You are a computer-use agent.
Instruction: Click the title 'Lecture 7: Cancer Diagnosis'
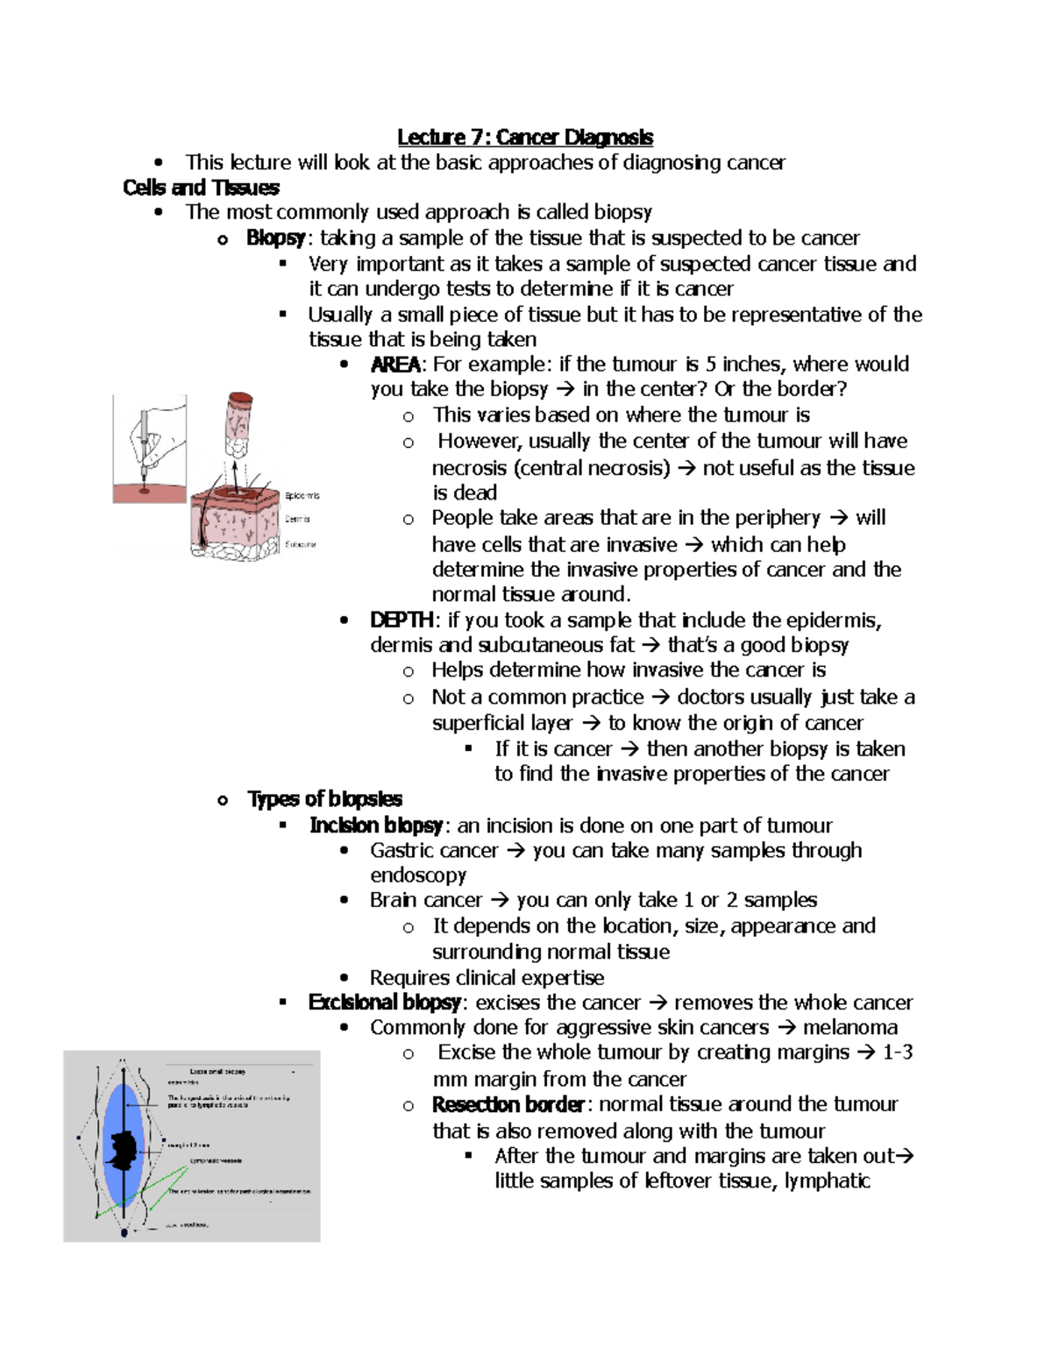coord(524,137)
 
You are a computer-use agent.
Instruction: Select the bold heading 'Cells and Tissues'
coord(201,188)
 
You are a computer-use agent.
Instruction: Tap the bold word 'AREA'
coord(394,365)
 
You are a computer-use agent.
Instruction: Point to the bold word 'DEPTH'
coord(402,620)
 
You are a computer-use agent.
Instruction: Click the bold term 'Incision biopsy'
coord(377,826)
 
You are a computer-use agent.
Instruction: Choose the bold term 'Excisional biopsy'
coord(384,1003)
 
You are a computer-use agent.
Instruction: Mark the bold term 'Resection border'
coord(508,1104)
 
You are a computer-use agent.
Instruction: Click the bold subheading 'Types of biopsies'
coord(324,799)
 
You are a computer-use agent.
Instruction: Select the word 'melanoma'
coord(849,1027)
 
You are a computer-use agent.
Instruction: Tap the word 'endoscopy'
coord(418,875)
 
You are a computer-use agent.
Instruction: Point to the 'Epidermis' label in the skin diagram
coord(302,496)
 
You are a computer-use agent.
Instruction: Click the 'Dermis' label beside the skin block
coord(298,520)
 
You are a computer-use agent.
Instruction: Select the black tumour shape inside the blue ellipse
coord(123,1145)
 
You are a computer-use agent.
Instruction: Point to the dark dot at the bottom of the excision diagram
coord(124,1232)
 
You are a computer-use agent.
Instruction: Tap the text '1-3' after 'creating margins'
coord(897,1053)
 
